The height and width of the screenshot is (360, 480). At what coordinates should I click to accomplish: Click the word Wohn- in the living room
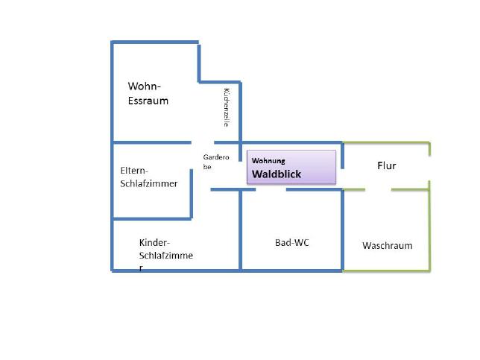pos(144,86)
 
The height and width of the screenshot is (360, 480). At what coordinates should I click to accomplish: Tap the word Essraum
pos(148,101)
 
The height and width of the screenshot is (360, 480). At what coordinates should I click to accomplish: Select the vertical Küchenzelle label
pos(227,107)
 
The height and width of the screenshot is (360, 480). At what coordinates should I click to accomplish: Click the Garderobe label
pos(216,162)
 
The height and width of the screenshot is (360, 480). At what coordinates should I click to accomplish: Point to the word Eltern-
pos(134,171)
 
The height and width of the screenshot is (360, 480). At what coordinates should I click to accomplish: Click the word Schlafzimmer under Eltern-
pos(149,183)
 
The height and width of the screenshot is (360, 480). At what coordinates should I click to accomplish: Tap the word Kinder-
pos(154,242)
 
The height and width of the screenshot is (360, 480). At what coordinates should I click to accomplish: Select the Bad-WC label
pos(292,243)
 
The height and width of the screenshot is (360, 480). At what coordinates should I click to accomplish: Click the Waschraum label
pos(388,245)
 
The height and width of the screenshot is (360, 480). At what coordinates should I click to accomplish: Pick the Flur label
pos(387,165)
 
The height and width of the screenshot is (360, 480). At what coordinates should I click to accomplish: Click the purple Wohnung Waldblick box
pos(291,167)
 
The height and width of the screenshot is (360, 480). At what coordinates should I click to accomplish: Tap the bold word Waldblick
pos(277,174)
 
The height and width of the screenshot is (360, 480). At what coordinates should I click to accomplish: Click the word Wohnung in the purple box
pos(268,161)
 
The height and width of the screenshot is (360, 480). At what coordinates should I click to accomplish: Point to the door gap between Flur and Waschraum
pos(378,190)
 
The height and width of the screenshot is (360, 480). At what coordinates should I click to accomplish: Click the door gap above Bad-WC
pos(271,190)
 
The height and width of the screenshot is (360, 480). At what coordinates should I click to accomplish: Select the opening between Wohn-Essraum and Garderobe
pos(203,142)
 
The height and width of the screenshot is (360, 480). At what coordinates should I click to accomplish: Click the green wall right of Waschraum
pos(429,226)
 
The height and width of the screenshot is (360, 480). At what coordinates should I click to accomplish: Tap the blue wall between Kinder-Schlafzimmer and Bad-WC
pos(241,230)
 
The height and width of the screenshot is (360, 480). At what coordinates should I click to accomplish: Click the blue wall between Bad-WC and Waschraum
pos(342,230)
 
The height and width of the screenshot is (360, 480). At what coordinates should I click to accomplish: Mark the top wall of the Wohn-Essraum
pos(155,42)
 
